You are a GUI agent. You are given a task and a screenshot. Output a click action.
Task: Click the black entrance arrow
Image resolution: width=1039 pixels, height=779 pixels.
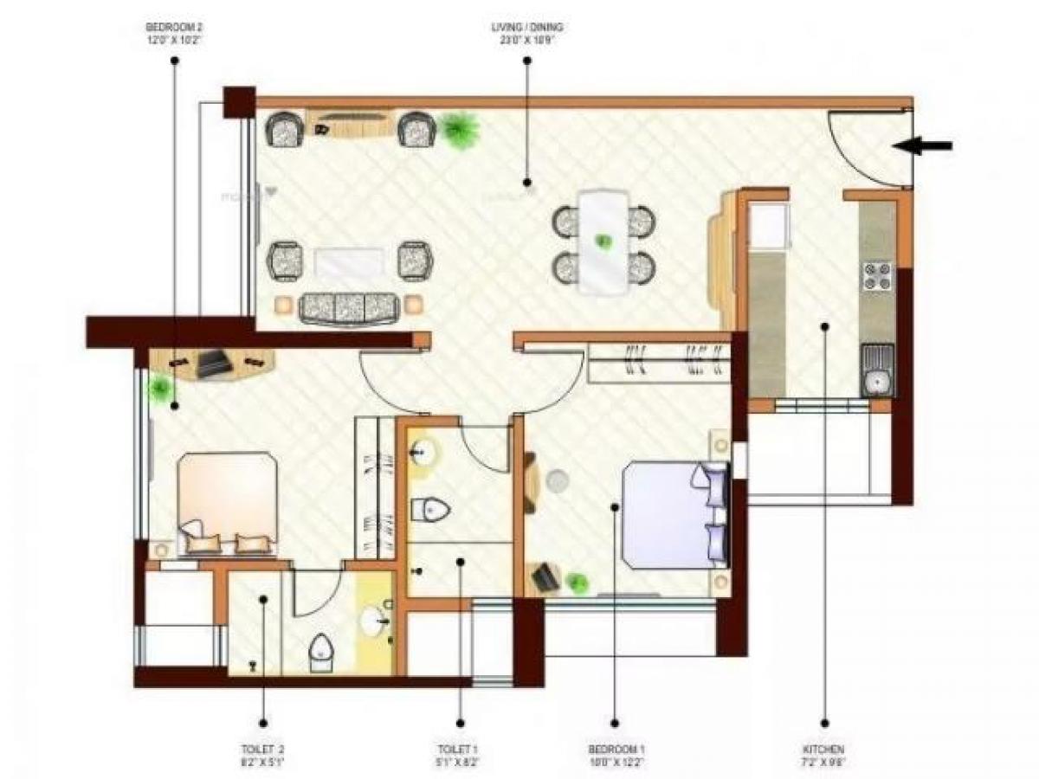[x=923, y=146]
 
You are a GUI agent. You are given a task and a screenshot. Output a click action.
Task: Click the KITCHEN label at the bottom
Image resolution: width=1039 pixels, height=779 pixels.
[x=823, y=754]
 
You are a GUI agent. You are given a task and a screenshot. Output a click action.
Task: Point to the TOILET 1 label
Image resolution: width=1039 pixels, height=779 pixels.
[x=459, y=754]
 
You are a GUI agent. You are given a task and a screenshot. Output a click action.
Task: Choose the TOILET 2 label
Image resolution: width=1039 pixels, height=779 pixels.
[x=262, y=754]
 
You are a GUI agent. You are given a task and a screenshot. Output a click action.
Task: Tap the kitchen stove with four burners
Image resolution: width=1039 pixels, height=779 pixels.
[x=876, y=275]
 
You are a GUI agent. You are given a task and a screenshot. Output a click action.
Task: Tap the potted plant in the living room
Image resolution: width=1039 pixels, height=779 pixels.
[x=460, y=131]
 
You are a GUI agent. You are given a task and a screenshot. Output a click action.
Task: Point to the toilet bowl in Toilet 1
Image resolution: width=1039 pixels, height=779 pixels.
[x=429, y=509]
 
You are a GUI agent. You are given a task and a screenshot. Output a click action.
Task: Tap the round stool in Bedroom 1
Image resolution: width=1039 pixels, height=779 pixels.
[x=556, y=480]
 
